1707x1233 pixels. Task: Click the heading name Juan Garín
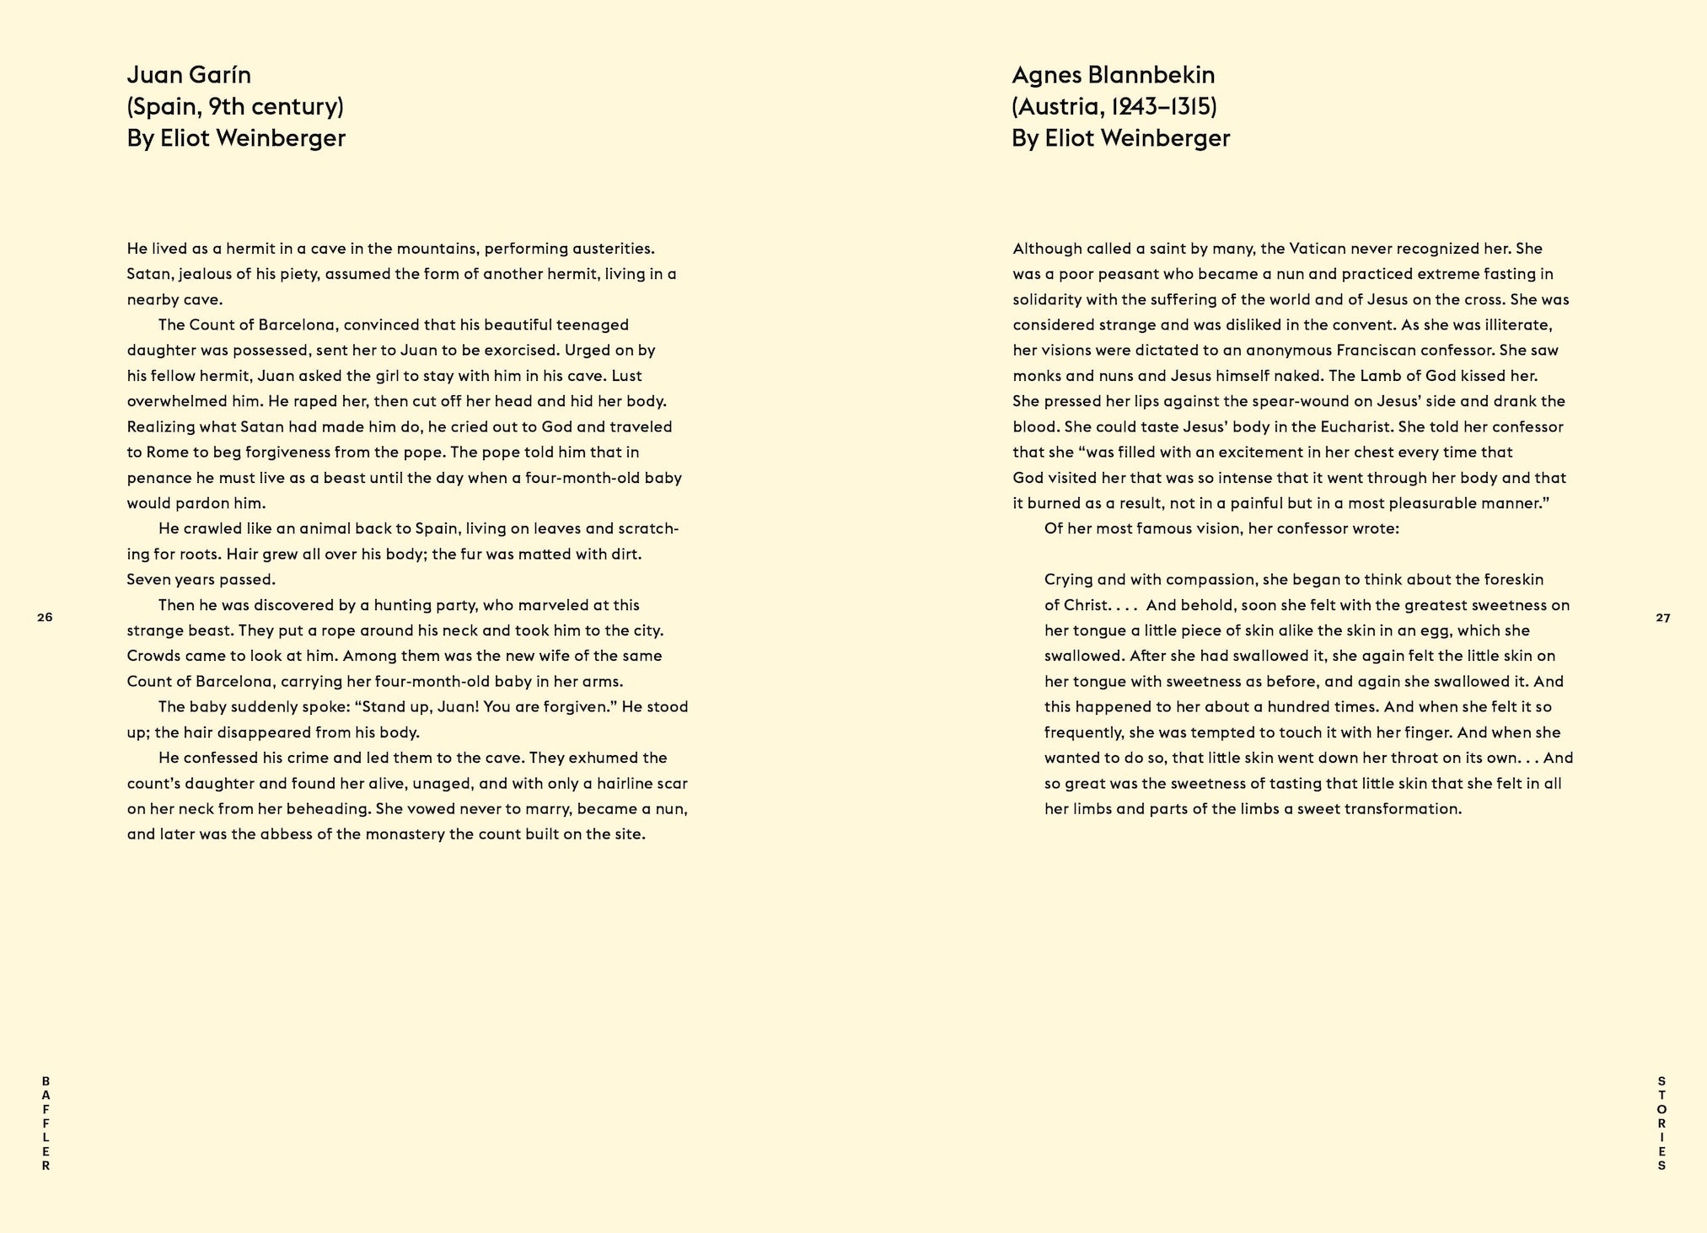[189, 76]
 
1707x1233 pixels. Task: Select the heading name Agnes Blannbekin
[1113, 76]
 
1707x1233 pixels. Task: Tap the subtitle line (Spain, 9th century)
[235, 107]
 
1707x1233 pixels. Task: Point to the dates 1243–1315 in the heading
[1165, 107]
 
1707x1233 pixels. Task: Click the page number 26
[45, 618]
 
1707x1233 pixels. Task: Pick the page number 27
[1662, 618]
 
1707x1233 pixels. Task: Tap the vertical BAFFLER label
[46, 1123]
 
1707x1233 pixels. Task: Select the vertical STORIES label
[1661, 1123]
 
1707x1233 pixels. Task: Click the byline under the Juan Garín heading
[236, 138]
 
